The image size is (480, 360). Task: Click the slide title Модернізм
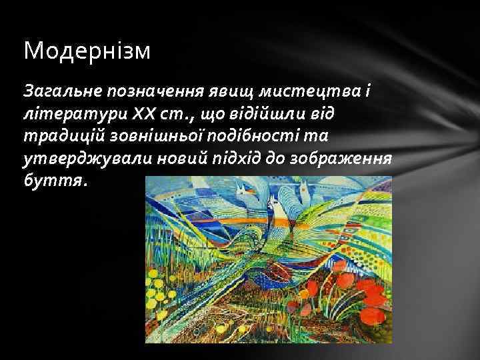(x=87, y=51)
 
